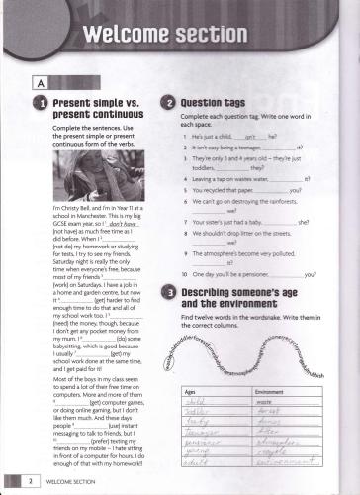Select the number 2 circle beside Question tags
click(169, 104)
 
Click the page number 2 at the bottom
click(32, 481)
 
